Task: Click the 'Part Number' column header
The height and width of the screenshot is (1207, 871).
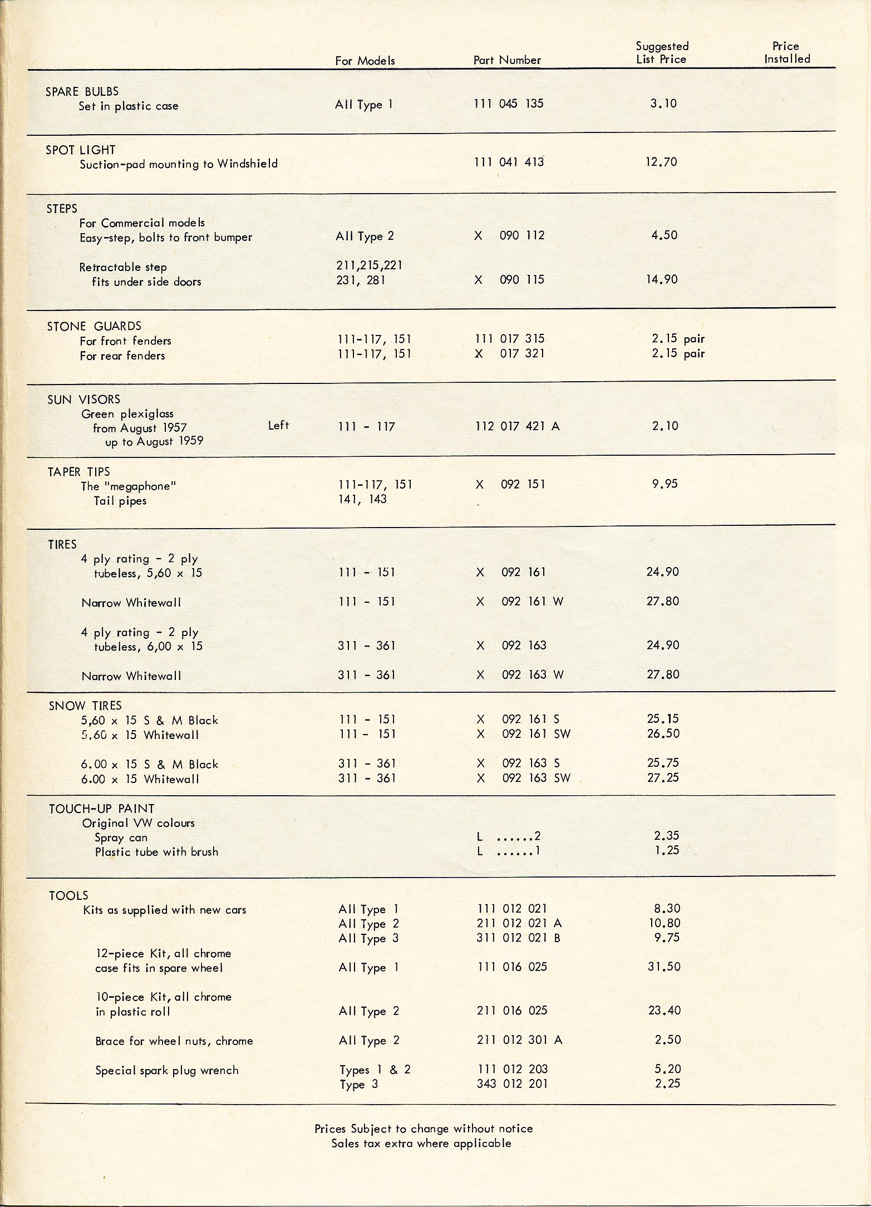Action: [507, 60]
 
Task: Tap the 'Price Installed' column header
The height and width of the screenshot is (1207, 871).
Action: [786, 53]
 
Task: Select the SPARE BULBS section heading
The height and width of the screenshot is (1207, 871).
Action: [82, 91]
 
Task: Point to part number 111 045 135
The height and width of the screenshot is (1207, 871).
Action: [509, 104]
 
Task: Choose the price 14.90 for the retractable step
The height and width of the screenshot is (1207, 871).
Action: [662, 279]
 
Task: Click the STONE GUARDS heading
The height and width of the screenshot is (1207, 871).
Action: [94, 326]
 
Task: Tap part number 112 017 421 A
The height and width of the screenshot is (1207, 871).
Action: [517, 426]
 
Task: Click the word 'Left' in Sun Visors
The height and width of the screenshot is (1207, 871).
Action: [278, 426]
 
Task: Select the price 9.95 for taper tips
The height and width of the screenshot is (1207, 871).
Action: [665, 484]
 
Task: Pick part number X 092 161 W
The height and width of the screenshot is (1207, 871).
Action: [519, 602]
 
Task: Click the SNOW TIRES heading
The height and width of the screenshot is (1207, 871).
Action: [85, 706]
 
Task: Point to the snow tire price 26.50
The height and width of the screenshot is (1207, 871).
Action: [663, 733]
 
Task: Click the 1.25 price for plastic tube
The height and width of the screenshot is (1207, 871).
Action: [666, 850]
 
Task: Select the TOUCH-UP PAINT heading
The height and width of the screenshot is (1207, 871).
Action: [101, 809]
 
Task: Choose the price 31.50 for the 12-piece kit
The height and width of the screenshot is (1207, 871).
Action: [664, 967]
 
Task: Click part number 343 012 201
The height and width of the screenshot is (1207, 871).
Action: [512, 1083]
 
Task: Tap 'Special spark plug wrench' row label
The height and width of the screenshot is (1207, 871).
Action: [166, 1070]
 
